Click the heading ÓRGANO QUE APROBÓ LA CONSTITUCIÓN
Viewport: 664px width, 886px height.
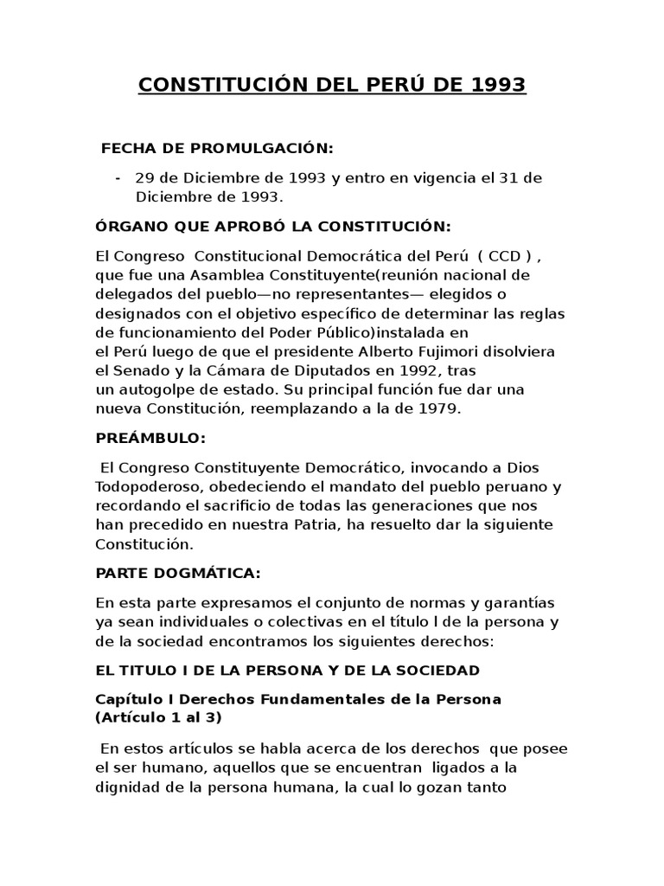pyautogui.click(x=273, y=227)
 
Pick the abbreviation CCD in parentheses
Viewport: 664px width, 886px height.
pyautogui.click(x=503, y=256)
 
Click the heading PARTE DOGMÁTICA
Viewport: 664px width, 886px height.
pyautogui.click(x=178, y=574)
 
